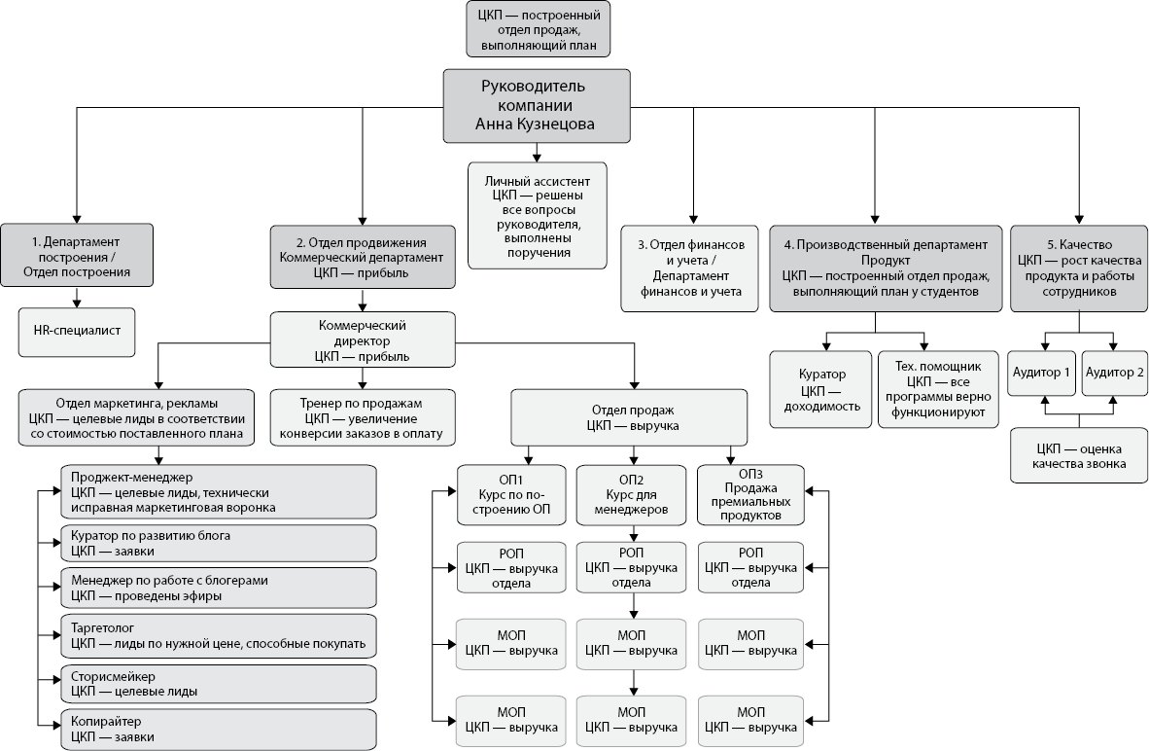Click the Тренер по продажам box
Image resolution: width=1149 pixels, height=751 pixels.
tap(363, 417)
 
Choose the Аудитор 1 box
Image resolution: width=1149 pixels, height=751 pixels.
tap(1040, 373)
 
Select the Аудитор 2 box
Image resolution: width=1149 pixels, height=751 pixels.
tap(1114, 373)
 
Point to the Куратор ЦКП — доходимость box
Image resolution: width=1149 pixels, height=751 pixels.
tap(821, 389)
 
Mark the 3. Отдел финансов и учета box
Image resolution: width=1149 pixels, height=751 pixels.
tap(691, 268)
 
